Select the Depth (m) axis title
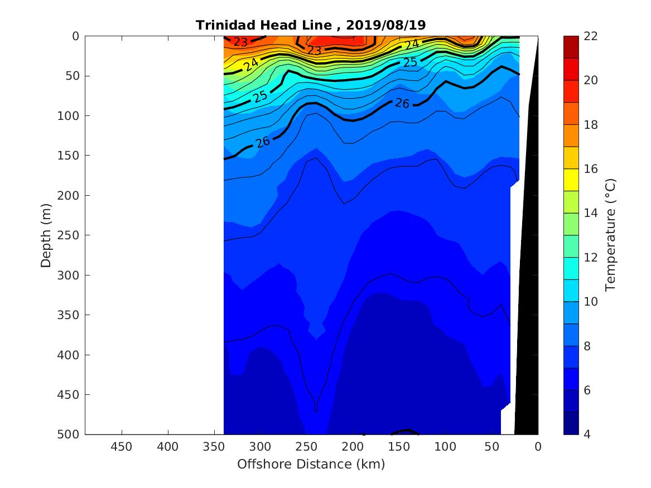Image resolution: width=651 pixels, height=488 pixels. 46,235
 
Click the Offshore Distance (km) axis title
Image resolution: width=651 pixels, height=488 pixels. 311,464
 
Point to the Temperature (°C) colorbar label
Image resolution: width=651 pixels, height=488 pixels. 610,235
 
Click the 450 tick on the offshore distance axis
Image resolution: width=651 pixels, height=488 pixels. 121,447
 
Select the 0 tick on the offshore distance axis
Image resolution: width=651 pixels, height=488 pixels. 538,447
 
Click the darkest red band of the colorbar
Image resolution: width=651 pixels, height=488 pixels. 571,47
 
